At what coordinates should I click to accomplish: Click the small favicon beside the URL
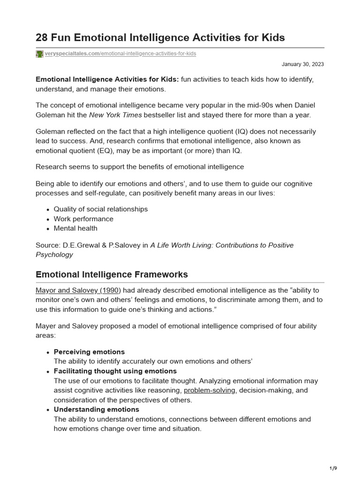click(x=39, y=54)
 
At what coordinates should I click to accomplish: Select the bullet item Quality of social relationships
click(x=100, y=209)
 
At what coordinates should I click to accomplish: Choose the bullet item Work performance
click(x=83, y=219)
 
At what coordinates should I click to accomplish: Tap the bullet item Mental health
click(x=75, y=228)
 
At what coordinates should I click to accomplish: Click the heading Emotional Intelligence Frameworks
click(x=112, y=274)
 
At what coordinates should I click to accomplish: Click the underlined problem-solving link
click(x=209, y=390)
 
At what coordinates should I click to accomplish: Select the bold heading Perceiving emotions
click(x=89, y=352)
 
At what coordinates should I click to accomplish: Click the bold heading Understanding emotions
click(x=96, y=409)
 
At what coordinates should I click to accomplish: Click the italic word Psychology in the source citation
click(x=54, y=255)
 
